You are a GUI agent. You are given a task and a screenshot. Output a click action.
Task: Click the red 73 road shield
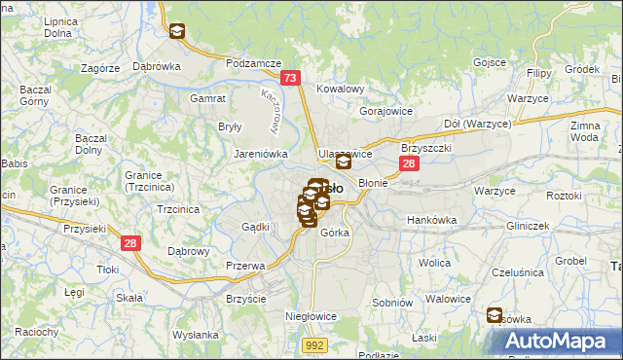[289, 78]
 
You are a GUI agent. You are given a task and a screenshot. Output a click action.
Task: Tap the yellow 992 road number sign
[313, 344]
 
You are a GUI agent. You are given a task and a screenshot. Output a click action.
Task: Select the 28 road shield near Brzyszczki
[409, 164]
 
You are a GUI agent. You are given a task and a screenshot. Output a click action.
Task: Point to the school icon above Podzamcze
[176, 32]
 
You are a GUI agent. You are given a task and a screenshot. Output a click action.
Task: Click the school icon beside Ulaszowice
[343, 162]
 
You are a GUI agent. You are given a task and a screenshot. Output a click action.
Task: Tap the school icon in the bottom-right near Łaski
[495, 316]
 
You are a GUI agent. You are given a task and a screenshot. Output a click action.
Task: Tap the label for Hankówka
[431, 220]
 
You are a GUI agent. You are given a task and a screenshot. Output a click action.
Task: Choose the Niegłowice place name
[311, 316]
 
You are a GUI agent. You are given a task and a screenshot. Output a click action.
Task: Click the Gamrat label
[209, 98]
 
